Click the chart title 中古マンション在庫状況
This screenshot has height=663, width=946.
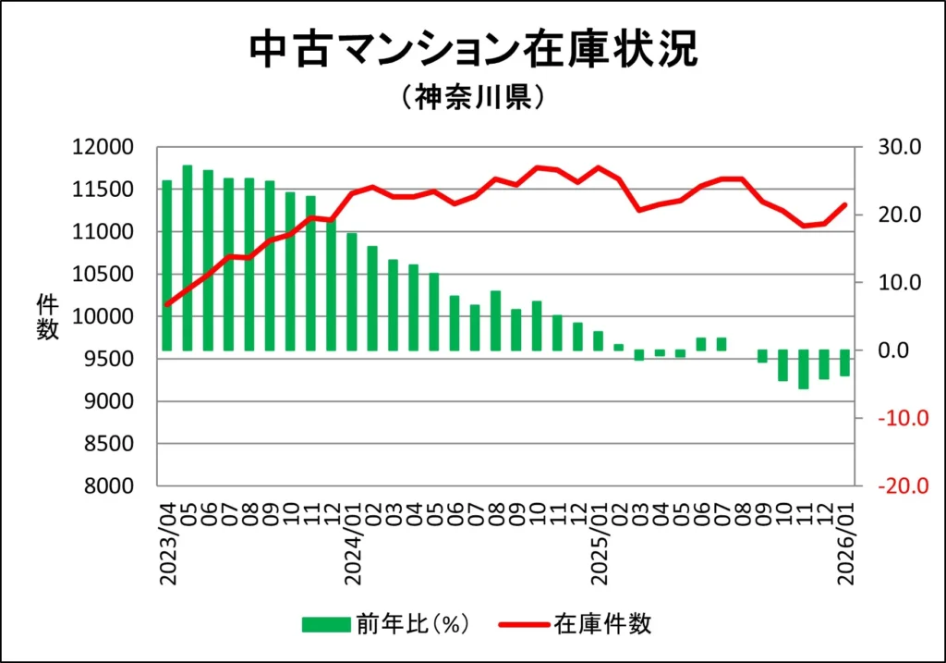tap(472, 51)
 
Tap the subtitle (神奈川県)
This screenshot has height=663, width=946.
tap(472, 99)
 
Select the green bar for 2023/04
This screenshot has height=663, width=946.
tap(167, 265)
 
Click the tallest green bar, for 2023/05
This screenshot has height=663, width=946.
tap(188, 258)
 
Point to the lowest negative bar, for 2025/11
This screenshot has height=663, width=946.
tap(804, 370)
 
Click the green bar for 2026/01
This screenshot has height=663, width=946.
tap(844, 363)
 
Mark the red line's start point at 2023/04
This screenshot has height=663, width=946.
tap(167, 304)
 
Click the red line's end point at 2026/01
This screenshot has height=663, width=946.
tap(844, 204)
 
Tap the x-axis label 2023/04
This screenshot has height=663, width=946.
tap(168, 543)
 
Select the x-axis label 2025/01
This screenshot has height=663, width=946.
tap(599, 543)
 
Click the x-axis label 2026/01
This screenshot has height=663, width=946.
tap(845, 543)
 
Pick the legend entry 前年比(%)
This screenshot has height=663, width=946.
tap(388, 624)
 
